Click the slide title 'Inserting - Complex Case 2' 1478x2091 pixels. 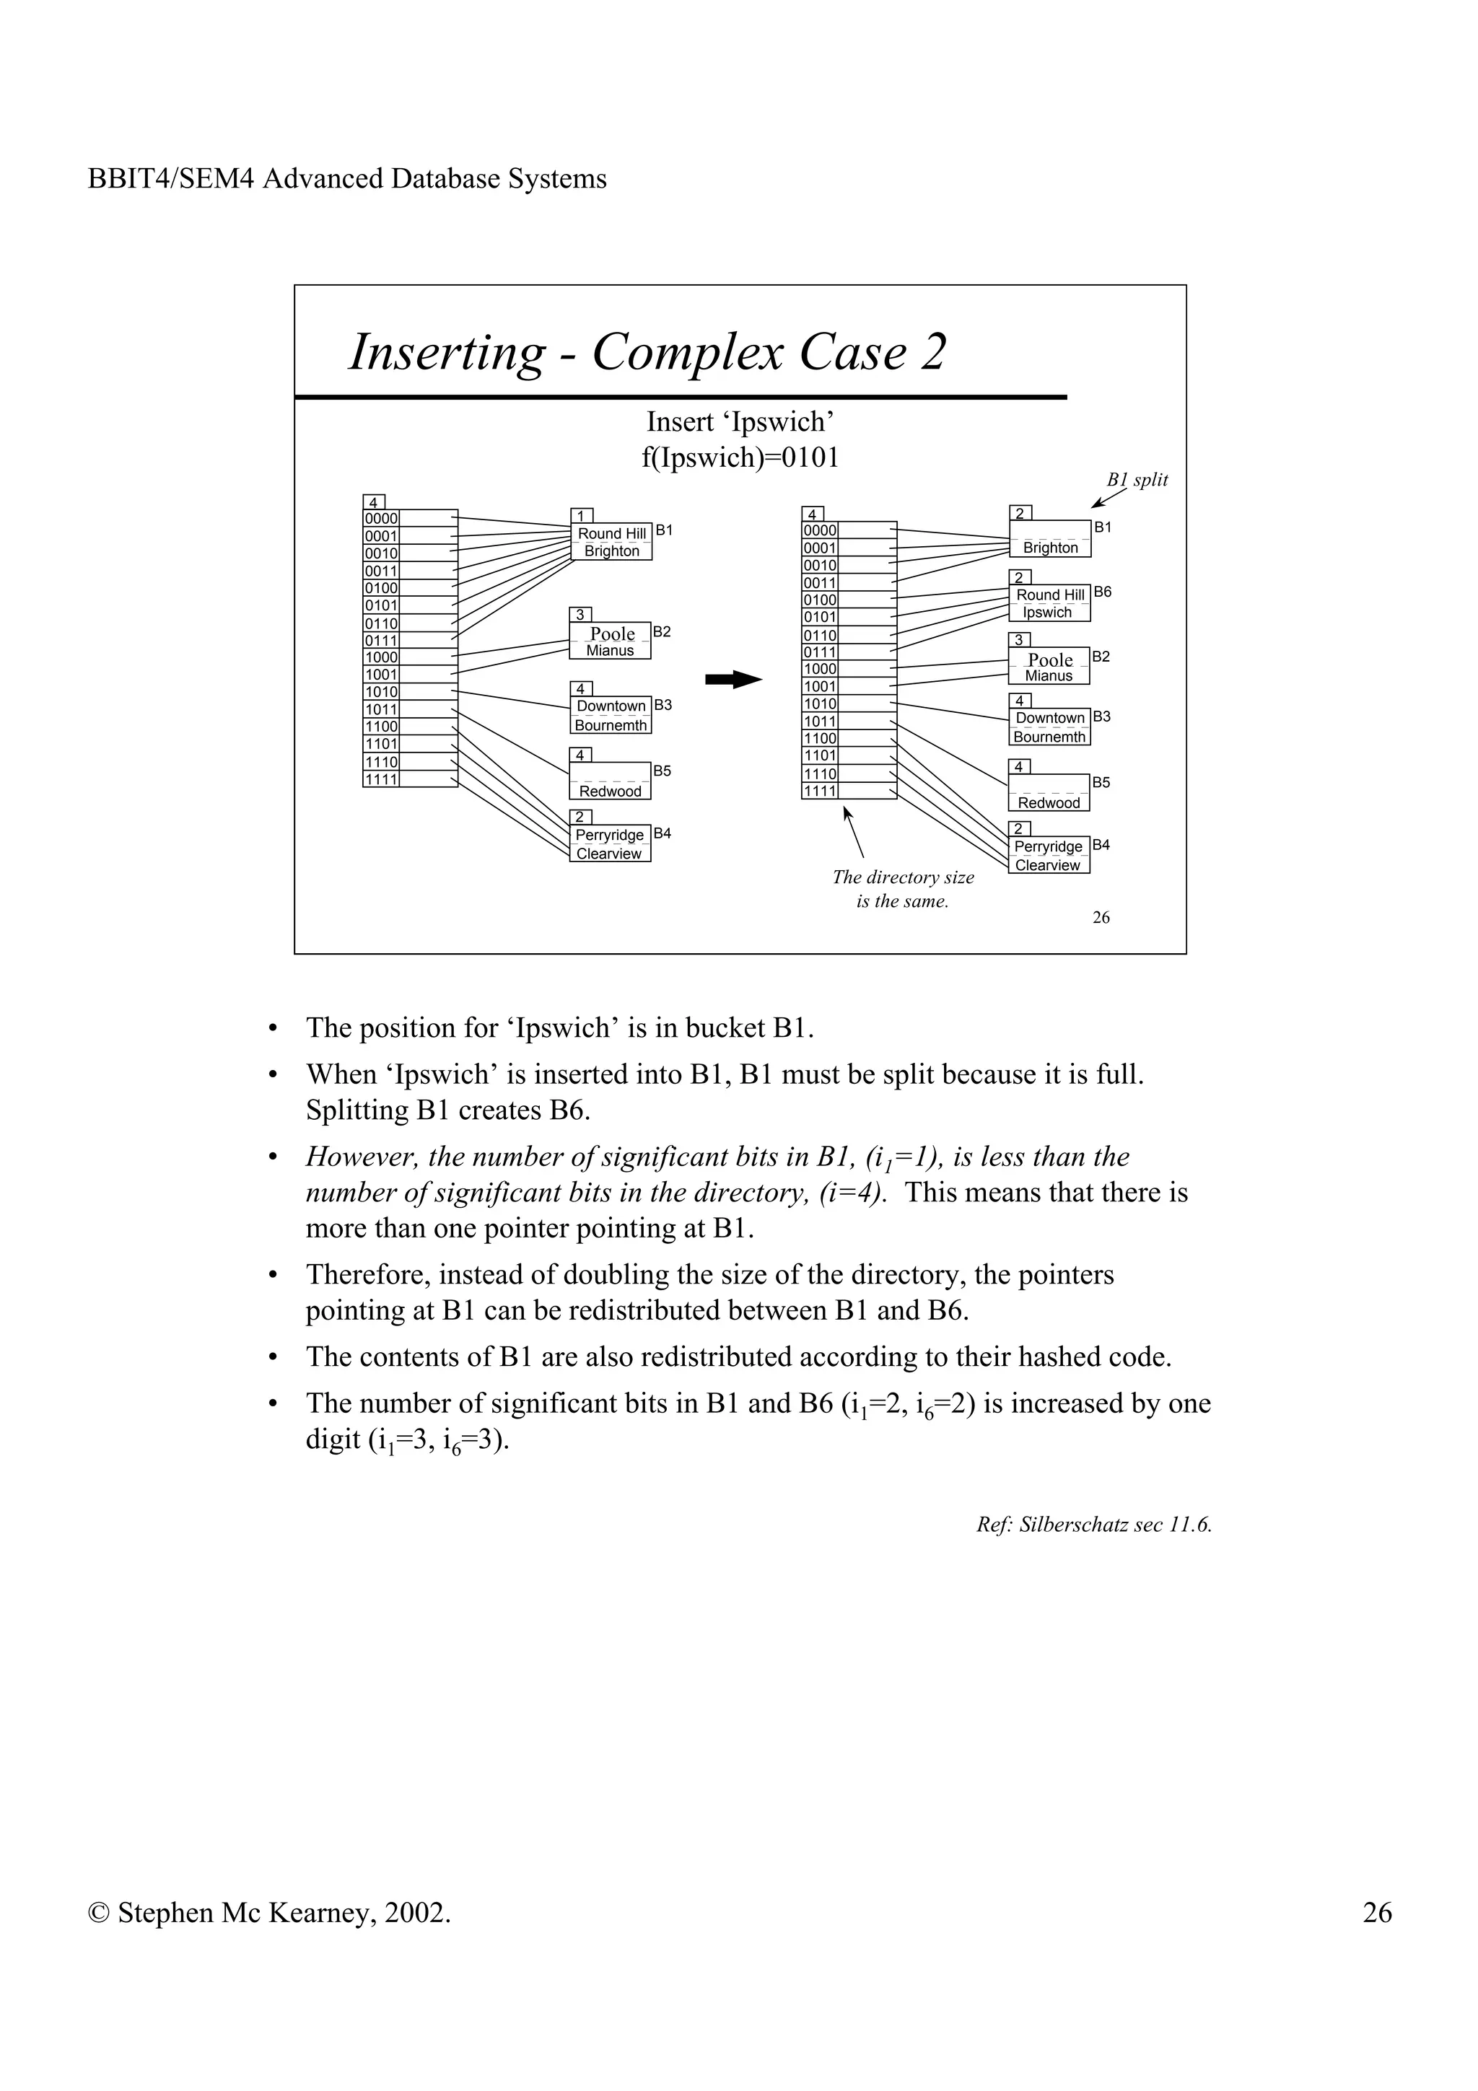647,352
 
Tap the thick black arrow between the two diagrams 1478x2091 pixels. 733,680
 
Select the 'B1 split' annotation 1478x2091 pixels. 1137,480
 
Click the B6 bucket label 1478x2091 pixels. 1102,592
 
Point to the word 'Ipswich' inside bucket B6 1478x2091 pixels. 1046,613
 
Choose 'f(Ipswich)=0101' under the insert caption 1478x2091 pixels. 740,457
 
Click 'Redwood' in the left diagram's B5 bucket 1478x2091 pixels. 610,792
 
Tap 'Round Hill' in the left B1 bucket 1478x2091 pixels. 612,534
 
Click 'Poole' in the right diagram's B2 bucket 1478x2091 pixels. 1050,660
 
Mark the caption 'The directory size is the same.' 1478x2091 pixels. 903,890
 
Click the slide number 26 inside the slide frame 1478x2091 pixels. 1101,918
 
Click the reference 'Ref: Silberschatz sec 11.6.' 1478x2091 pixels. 1093,1525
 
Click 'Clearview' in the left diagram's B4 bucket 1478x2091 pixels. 608,854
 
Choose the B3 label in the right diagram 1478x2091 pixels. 1101,716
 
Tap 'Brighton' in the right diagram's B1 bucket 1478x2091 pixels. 1050,548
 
